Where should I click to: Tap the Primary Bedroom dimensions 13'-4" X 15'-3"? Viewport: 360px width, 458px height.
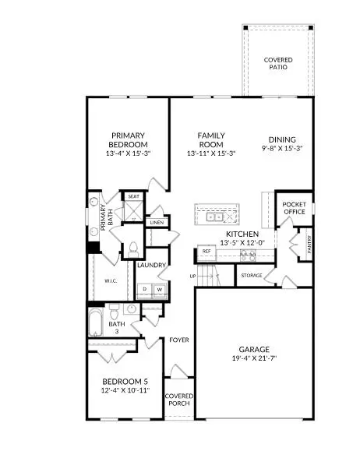tap(129, 154)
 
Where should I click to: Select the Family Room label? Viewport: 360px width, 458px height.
tap(210, 140)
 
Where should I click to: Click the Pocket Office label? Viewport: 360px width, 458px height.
tap(293, 208)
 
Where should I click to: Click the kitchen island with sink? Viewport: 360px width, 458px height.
tap(221, 217)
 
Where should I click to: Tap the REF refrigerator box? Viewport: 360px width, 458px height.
tap(206, 252)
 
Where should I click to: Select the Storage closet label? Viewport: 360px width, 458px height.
tap(251, 275)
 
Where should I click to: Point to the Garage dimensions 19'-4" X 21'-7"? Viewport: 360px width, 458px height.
tap(254, 358)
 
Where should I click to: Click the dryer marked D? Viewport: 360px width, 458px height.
tap(144, 289)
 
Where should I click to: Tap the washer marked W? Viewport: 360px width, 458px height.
tap(159, 289)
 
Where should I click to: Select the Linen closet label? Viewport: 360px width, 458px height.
tap(154, 223)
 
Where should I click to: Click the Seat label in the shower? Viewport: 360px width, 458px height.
tap(133, 196)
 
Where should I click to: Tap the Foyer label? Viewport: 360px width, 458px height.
tap(179, 340)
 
